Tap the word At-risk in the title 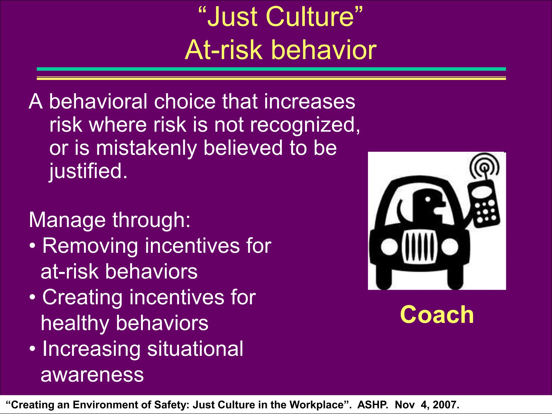[223, 50]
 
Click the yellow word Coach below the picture [437, 315]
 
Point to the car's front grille [419, 247]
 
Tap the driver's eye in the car [428, 199]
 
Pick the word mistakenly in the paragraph [146, 148]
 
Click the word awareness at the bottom [92, 375]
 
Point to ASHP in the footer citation [372, 405]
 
